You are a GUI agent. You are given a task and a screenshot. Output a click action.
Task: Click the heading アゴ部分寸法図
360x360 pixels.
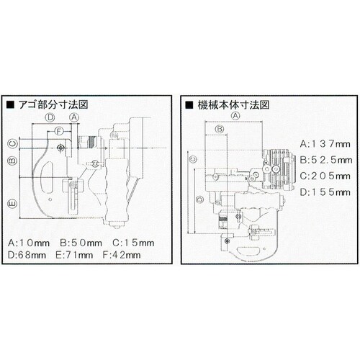point(53,104)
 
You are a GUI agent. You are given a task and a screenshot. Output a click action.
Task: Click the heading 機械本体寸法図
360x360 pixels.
point(233,105)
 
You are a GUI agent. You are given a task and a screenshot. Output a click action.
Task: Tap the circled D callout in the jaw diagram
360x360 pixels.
point(50,117)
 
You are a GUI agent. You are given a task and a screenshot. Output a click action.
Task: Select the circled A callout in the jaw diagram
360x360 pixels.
point(74,117)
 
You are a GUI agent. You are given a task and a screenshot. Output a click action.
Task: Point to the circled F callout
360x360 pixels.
point(59,131)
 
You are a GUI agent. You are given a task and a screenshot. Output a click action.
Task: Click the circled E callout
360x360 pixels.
point(12,204)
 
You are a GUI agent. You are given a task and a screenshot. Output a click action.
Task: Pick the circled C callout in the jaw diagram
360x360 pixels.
point(12,144)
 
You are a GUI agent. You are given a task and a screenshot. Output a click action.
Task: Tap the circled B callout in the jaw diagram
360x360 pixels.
point(12,161)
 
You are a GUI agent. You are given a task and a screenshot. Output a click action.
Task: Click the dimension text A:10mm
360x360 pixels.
point(29,243)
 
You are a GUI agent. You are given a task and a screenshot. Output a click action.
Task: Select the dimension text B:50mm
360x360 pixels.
point(81,243)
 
